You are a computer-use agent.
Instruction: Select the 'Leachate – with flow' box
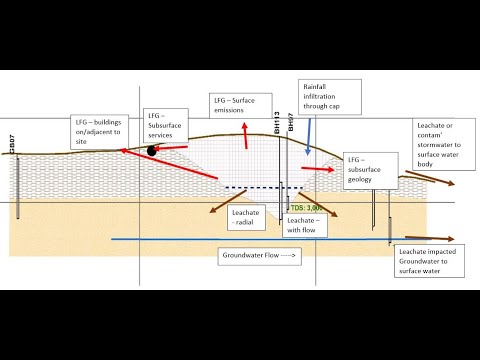pos(301,224)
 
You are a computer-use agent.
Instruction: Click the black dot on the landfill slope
pos(152,151)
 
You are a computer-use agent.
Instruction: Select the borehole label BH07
pos(291,123)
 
